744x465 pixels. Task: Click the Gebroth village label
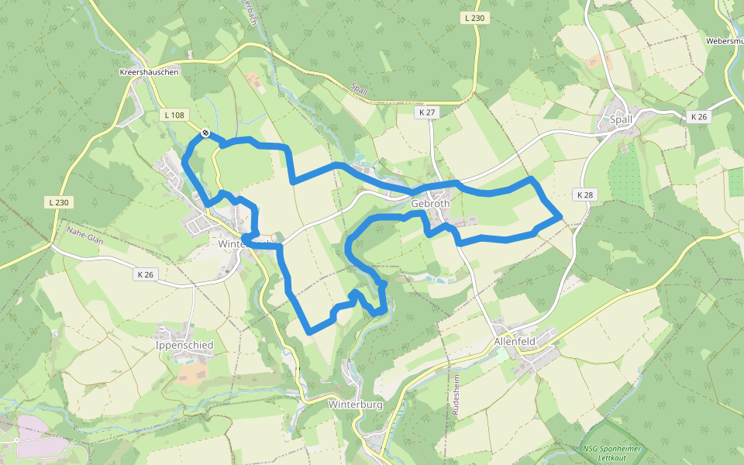tap(430, 204)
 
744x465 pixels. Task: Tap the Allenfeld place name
tap(515, 341)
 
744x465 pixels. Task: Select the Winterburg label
tap(356, 405)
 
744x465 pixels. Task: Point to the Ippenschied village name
tap(184, 345)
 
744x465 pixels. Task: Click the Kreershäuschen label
tap(150, 72)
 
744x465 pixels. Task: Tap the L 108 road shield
tap(174, 115)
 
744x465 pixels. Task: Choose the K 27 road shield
tap(427, 112)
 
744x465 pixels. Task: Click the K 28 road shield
tap(584, 195)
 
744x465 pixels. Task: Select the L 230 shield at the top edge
tap(475, 18)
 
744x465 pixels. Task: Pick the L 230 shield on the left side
tap(59, 202)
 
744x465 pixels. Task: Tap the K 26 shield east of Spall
tap(698, 116)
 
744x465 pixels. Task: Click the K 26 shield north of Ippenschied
tap(146, 274)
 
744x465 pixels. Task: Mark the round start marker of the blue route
tap(205, 133)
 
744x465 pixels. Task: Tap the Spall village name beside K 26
tap(622, 119)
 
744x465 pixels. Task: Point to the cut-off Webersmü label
tap(724, 41)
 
